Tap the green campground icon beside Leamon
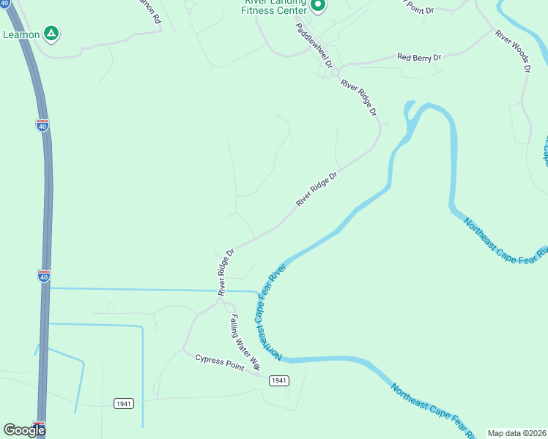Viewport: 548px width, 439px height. coord(51,33)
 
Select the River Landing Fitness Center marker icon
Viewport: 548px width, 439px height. coord(318,7)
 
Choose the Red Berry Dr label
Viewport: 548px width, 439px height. coord(419,57)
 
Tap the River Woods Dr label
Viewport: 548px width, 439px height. coord(512,50)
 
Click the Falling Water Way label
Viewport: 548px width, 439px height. coord(244,340)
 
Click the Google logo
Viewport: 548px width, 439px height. coord(24,429)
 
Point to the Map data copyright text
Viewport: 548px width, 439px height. coord(516,433)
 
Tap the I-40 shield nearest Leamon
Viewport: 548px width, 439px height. coord(42,125)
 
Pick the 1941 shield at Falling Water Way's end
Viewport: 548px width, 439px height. coord(278,380)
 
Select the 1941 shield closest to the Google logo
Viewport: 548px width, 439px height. coord(124,403)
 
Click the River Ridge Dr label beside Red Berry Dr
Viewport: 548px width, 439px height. coord(359,99)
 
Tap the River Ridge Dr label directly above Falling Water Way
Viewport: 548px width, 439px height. coord(225,272)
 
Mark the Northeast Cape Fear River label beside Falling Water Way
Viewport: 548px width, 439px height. coord(267,314)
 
